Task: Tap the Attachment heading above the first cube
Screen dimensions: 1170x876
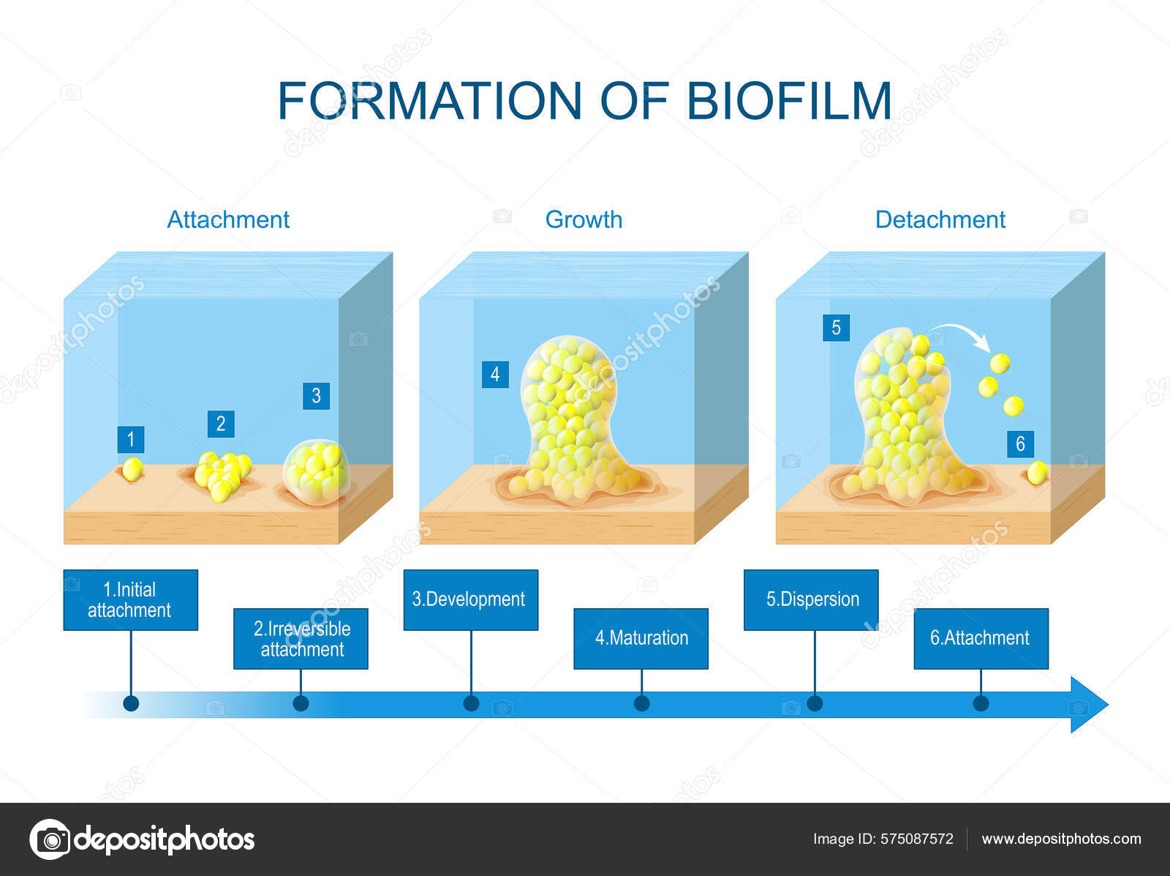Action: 228,220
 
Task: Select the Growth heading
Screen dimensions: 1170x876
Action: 584,220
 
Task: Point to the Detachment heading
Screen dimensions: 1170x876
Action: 940,220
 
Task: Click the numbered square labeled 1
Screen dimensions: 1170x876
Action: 131,440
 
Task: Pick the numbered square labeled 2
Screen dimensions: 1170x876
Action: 221,424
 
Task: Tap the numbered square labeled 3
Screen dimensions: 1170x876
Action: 316,396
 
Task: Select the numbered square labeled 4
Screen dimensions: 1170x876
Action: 495,375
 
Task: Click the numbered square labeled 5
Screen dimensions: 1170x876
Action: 836,328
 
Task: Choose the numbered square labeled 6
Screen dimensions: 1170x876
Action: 1020,444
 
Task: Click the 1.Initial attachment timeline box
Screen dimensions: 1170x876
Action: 131,600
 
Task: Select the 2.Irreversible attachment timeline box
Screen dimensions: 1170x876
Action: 301,639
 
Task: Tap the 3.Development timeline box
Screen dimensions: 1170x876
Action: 471,600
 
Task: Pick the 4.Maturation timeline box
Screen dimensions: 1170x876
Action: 641,639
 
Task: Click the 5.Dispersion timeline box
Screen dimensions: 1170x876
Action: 811,600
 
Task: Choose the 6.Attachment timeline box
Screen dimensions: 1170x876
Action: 981,639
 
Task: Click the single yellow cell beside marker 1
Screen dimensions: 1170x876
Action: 132,470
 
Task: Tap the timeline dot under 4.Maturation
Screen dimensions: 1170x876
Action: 642,704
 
